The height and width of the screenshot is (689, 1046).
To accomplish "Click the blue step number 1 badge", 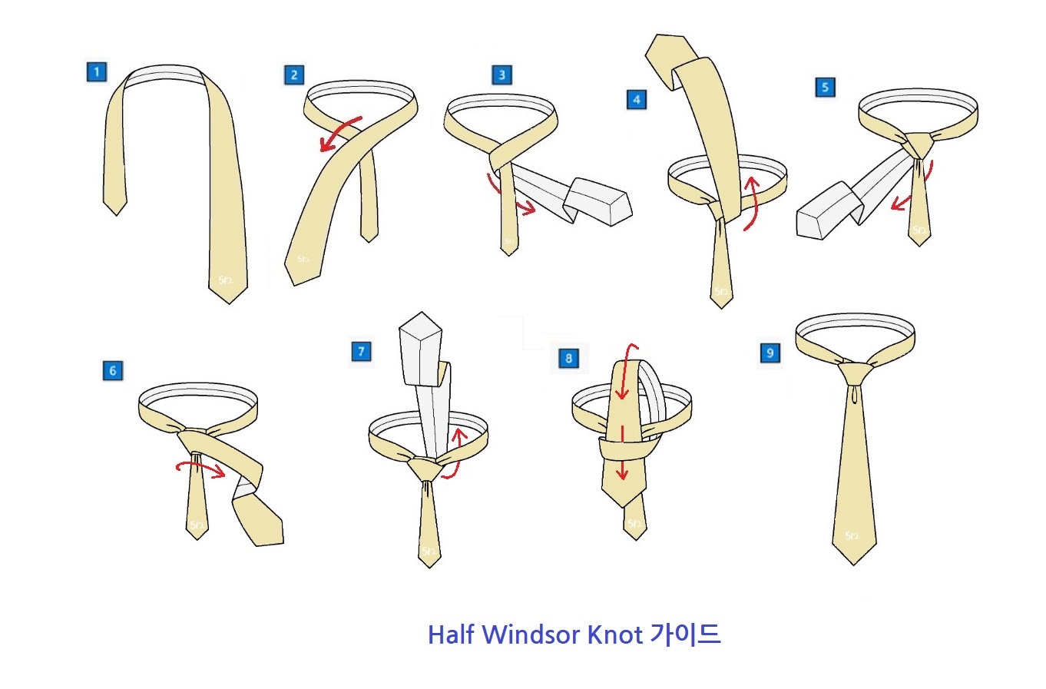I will tap(96, 73).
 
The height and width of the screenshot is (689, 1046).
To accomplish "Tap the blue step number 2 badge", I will tap(293, 75).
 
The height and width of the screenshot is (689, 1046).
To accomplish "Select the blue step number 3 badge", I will tap(501, 75).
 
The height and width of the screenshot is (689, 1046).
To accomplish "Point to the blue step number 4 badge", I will tap(636, 100).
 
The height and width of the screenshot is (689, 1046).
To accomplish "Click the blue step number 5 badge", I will tap(825, 88).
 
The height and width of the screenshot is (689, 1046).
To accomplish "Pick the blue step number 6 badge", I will tap(112, 371).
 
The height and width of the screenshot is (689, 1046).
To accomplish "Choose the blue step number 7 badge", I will tap(361, 352).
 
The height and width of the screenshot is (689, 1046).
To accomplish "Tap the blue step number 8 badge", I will tap(568, 358).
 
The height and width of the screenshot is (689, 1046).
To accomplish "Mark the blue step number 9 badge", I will tap(770, 353).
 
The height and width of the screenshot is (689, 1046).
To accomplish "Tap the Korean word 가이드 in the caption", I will tap(685, 634).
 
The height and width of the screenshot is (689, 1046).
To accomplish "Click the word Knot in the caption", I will tap(614, 635).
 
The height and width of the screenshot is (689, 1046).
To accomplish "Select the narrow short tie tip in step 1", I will tap(115, 203).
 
